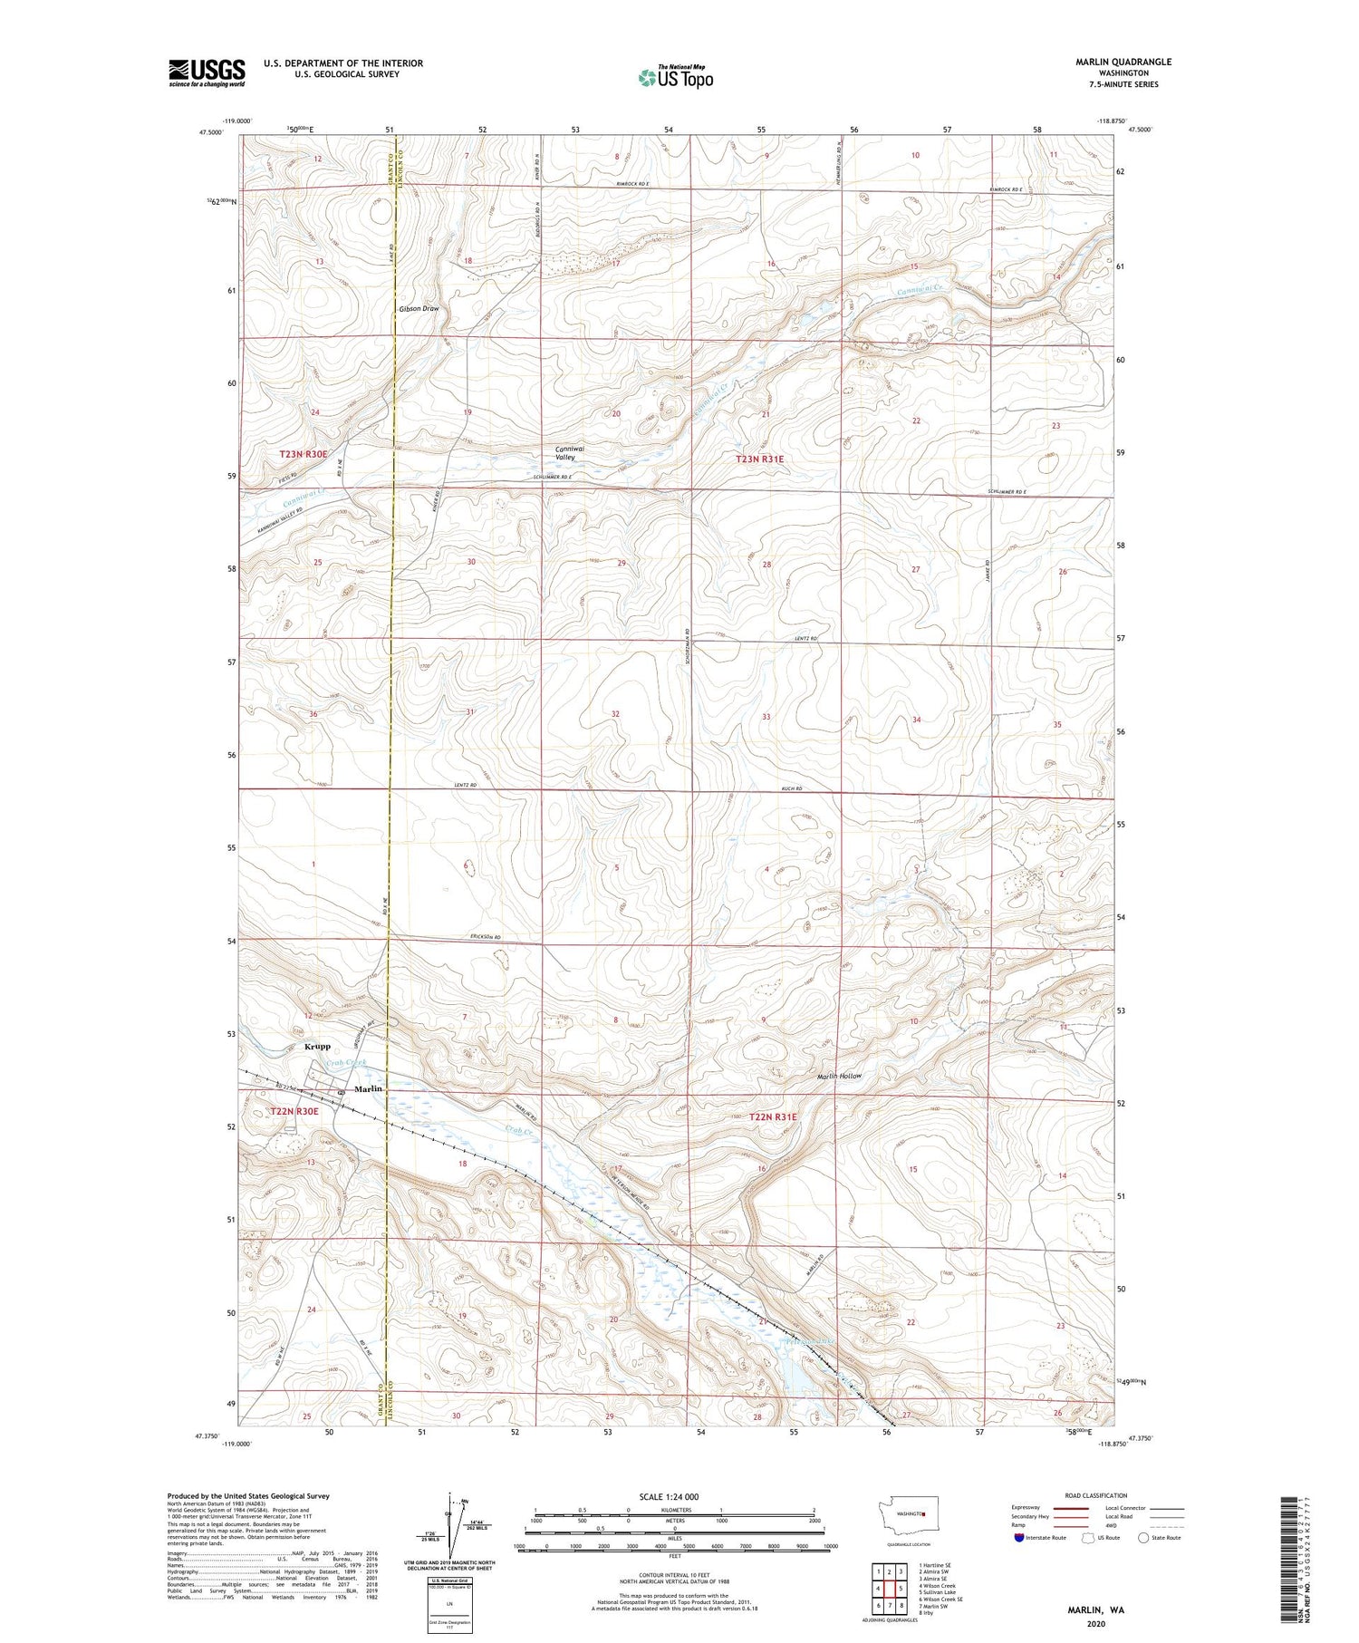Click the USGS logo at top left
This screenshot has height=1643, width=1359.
click(207, 72)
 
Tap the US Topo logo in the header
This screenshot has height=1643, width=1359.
click(675, 77)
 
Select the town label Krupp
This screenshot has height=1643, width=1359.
click(317, 1046)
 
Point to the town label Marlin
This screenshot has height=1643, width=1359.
click(368, 1088)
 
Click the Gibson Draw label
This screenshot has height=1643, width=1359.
click(419, 309)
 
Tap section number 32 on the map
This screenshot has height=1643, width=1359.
click(615, 714)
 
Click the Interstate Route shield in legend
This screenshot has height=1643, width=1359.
click(1019, 1538)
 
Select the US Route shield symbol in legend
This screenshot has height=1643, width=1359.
click(1089, 1538)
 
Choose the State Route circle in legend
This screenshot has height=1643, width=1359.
click(1143, 1538)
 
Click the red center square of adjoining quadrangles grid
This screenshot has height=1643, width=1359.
click(890, 1588)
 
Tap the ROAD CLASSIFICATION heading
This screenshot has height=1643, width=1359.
click(1096, 1495)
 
